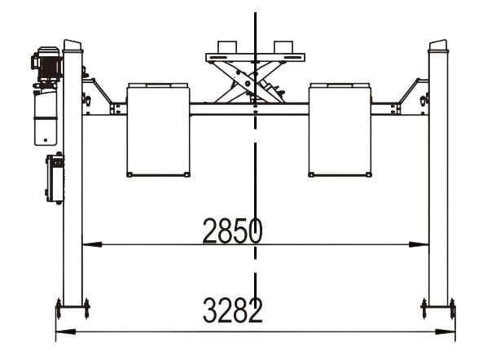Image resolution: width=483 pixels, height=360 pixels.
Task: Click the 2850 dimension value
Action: tap(233, 230)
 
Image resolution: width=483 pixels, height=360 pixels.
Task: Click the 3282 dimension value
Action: tap(233, 310)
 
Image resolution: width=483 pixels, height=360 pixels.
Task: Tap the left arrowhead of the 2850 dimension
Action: tap(92, 244)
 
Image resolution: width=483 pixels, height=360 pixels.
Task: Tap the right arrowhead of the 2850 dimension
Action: tap(419, 244)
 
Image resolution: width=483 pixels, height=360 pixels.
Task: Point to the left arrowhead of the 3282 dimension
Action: tap(66, 331)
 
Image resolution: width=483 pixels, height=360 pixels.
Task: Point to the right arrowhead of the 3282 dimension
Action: tap(445, 331)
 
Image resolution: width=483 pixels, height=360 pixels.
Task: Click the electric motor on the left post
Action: tap(47, 64)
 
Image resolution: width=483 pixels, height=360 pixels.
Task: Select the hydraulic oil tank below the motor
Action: tap(46, 116)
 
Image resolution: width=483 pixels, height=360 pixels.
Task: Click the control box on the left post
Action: tap(55, 178)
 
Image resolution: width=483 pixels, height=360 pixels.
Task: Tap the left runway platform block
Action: tap(158, 130)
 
